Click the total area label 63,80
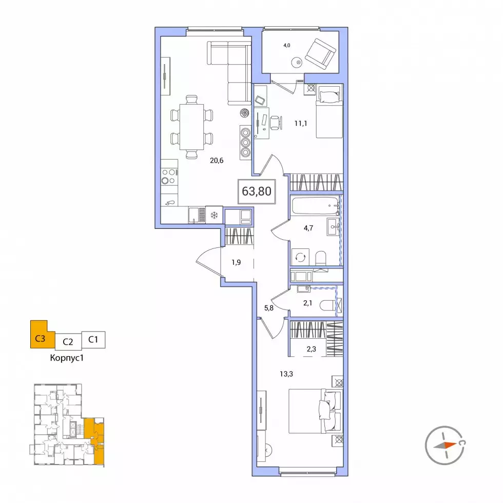(x=257, y=191)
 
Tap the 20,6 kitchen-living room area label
(x=217, y=160)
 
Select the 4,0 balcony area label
(x=287, y=46)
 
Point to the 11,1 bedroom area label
(x=301, y=123)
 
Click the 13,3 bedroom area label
(x=286, y=374)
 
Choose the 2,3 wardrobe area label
(x=311, y=349)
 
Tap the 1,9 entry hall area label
(x=236, y=262)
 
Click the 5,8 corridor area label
(x=269, y=308)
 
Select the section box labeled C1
(x=93, y=340)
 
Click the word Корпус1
(x=67, y=358)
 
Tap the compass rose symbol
(x=445, y=446)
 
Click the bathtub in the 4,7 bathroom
(x=316, y=206)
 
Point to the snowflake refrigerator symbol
(x=214, y=215)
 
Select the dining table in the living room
(x=191, y=127)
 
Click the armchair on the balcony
(x=320, y=54)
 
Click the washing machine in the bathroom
(x=301, y=257)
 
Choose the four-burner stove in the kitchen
(x=169, y=177)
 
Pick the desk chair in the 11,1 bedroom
(x=276, y=123)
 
